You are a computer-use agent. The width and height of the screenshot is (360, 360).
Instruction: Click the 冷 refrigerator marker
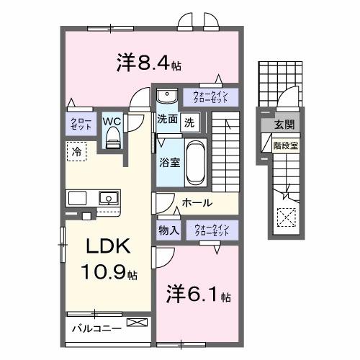[76, 152]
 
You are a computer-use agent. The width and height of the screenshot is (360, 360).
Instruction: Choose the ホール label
[196, 203]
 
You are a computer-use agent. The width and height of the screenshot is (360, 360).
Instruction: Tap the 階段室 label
[281, 144]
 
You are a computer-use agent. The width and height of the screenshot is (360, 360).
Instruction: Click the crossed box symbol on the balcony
[135, 323]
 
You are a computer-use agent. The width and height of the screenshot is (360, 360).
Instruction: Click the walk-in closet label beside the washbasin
[209, 96]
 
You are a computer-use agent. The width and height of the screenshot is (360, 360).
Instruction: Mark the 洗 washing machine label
[188, 121]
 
